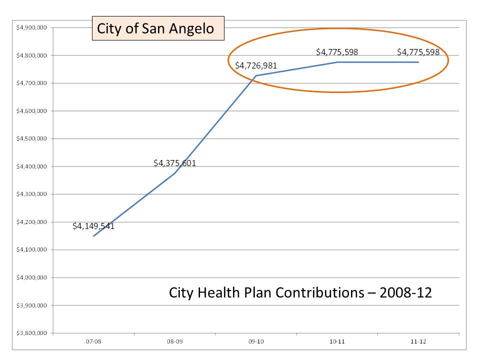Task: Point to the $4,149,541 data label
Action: point(93,226)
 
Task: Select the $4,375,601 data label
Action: point(174,163)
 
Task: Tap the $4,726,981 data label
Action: point(256,65)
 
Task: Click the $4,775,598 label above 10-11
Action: point(337,52)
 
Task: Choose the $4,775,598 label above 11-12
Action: point(418,52)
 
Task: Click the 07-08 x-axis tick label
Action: point(93,341)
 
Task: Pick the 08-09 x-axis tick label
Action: point(174,341)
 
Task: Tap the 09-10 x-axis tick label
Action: point(256,341)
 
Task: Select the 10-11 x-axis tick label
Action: point(337,341)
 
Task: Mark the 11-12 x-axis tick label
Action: point(418,341)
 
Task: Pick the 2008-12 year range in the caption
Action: point(405,293)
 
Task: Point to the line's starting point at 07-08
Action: point(93,236)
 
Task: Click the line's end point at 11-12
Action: point(418,62)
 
